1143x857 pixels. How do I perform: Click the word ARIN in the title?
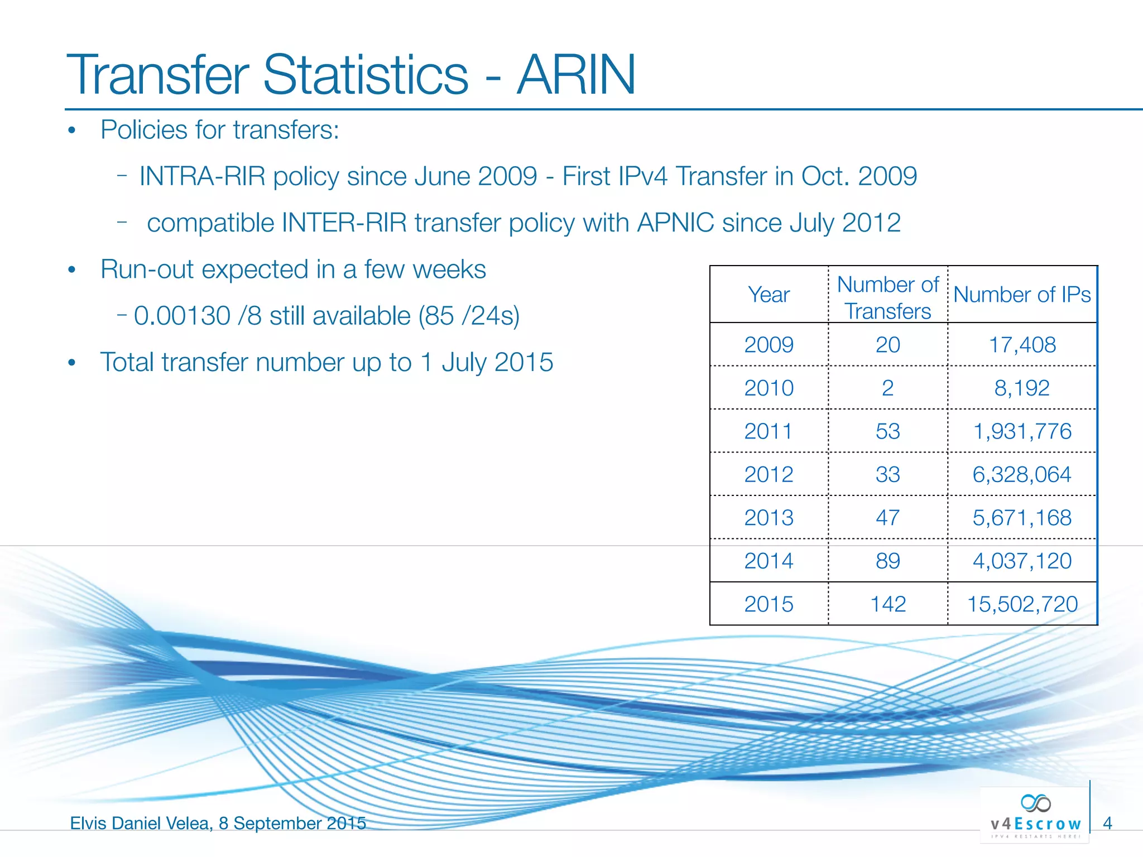pyautogui.click(x=576, y=75)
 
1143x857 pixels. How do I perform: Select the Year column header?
pyautogui.click(x=769, y=295)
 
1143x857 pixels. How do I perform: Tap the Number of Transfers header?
pyautogui.click(x=887, y=297)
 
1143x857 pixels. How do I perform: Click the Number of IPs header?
pyautogui.click(x=1022, y=295)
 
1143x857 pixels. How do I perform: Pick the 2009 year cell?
pyautogui.click(x=769, y=345)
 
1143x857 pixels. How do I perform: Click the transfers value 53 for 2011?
pyautogui.click(x=887, y=431)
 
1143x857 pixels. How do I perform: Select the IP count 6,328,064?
pyautogui.click(x=1021, y=475)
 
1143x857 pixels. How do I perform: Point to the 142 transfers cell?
pyautogui.click(x=887, y=604)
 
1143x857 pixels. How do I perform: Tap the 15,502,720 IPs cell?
pyautogui.click(x=1022, y=604)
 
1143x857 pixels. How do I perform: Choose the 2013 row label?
pyautogui.click(x=769, y=518)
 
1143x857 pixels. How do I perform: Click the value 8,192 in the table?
pyautogui.click(x=1021, y=388)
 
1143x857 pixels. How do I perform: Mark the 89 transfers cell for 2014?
pyautogui.click(x=887, y=561)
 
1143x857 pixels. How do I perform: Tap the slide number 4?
pyautogui.click(x=1107, y=823)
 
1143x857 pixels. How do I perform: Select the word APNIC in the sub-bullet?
pyautogui.click(x=675, y=223)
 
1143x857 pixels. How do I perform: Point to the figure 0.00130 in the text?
pyautogui.click(x=182, y=316)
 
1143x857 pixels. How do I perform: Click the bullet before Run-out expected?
pyautogui.click(x=71, y=271)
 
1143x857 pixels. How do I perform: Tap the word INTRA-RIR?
pyautogui.click(x=202, y=176)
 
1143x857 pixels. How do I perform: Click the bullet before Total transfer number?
pyautogui.click(x=71, y=363)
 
